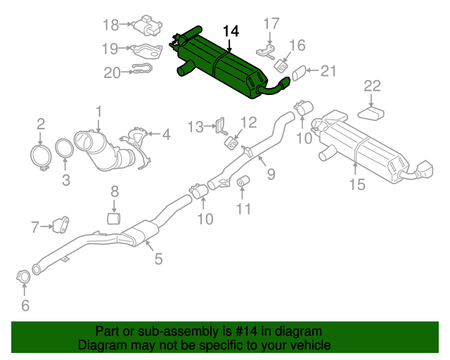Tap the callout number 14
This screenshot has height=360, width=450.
tap(231, 31)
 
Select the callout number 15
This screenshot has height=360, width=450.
tap(357, 184)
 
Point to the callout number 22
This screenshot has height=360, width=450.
tap(372, 86)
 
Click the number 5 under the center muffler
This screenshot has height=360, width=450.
tap(158, 259)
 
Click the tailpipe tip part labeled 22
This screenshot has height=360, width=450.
tap(373, 112)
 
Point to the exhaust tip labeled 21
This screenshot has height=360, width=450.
tap(299, 72)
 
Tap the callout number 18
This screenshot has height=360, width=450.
tap(110, 25)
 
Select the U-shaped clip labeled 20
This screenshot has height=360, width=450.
tap(141, 70)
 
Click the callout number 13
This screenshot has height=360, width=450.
tap(195, 127)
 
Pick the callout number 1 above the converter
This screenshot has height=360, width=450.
tap(99, 110)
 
